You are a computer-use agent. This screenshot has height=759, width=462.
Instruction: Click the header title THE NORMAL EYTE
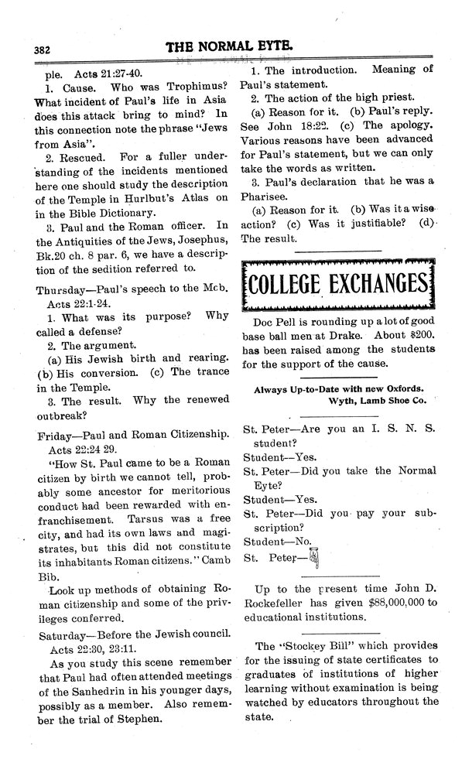[230, 46]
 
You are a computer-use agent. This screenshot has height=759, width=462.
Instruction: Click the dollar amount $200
[412, 337]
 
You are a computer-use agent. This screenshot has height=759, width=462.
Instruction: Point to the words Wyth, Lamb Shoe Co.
[373, 401]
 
